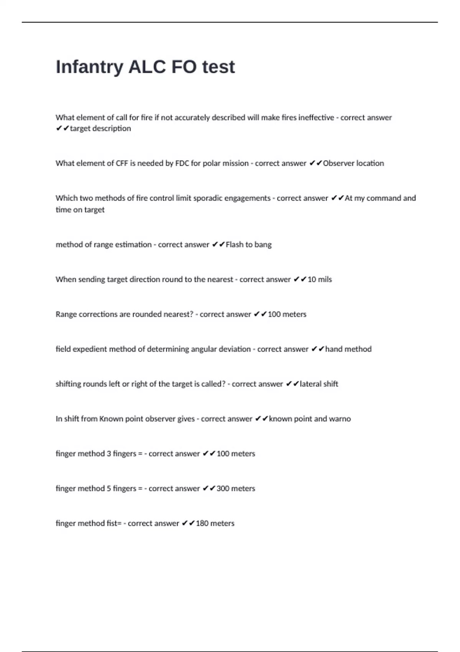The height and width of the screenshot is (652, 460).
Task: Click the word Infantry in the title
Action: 89,67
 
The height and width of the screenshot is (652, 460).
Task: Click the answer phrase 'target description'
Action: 100,128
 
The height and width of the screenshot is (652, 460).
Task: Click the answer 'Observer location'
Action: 353,163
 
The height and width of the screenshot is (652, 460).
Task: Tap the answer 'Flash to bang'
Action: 248,245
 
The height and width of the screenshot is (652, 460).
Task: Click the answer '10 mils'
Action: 320,280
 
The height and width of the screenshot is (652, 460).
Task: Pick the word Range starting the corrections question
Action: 66,314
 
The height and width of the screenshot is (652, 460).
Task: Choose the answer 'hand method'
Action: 348,349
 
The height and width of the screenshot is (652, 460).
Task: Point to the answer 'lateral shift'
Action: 319,384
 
